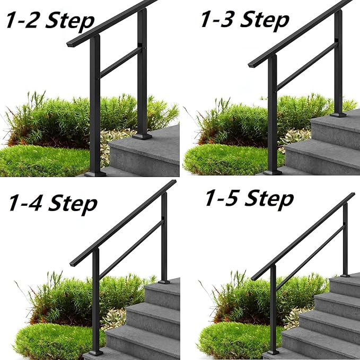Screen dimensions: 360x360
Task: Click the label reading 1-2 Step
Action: [x=49, y=21]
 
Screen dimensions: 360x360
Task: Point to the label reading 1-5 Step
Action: [x=249, y=199]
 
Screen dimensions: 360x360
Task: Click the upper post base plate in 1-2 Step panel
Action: [x=142, y=136]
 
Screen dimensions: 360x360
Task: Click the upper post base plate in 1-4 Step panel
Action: [x=164, y=281]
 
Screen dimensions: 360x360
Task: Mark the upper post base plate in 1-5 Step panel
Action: [x=345, y=275]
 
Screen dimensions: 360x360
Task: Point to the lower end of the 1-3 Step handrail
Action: [x=251, y=65]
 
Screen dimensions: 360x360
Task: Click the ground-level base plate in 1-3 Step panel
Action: [x=273, y=172]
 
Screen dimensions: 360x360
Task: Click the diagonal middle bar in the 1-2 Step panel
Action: [x=120, y=63]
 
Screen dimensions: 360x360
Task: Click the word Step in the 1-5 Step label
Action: [x=269, y=199]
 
